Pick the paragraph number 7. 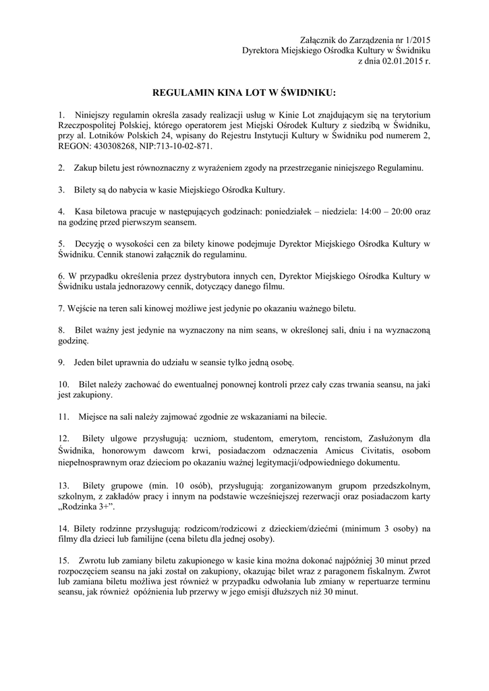[61, 308]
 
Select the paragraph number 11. [64, 416]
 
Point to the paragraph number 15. [64, 561]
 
